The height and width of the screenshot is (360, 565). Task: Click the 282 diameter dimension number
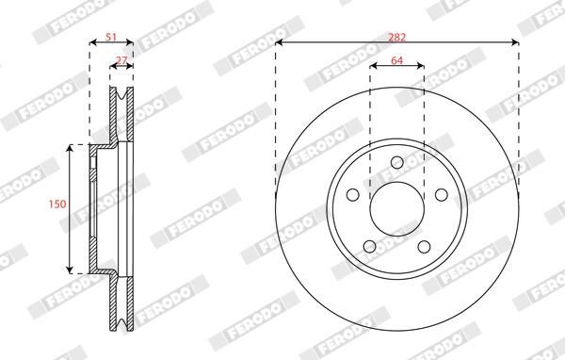(x=397, y=35)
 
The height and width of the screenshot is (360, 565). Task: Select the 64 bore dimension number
(x=396, y=58)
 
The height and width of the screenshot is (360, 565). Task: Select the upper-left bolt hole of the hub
(x=354, y=195)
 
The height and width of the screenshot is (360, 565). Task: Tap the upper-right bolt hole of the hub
(x=440, y=195)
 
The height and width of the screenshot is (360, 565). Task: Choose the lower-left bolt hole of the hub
(x=370, y=247)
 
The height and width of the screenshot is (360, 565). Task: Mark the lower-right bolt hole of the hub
(x=423, y=247)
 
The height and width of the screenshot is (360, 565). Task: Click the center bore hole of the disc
(x=396, y=210)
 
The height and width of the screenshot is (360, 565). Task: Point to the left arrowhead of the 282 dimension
(x=279, y=42)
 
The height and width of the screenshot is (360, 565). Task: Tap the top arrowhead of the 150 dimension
(x=72, y=149)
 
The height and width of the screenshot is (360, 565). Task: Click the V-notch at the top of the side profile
(x=121, y=94)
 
